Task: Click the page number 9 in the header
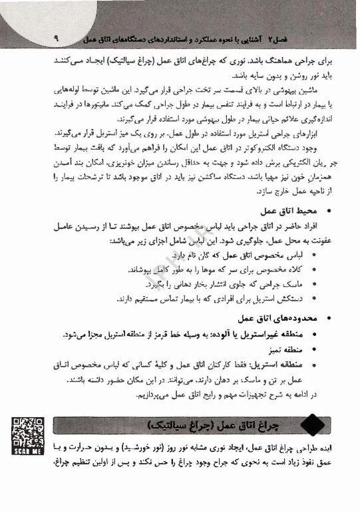point(55,39)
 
